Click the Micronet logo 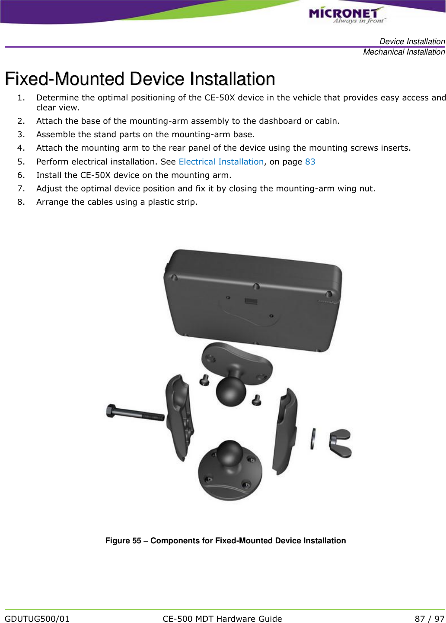coord(346,15)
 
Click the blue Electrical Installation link coord(221,161)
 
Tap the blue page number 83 coord(310,161)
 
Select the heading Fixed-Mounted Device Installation coord(140,79)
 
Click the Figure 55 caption coord(225,540)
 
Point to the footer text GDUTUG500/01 coord(37,619)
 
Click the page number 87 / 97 coord(429,619)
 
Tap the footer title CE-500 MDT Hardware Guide coord(222,619)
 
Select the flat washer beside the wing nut coord(312,439)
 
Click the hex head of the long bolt coord(111,410)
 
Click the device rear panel coord(253,299)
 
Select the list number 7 coord(21,188)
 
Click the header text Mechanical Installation coord(404,52)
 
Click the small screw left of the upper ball coord(204,380)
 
